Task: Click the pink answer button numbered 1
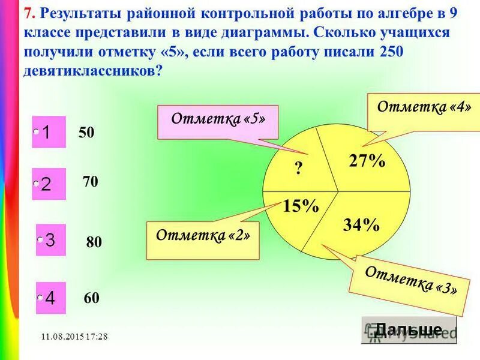pos(49,132)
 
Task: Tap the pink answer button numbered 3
pos(50,240)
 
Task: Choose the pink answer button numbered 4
pos(50,298)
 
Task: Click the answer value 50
pos(86,133)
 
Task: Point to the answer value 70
pos(91,181)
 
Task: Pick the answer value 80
pos(94,242)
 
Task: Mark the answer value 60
pos(91,298)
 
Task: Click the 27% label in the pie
pos(367,161)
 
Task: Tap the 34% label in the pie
pos(361,225)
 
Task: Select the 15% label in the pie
pos(301,206)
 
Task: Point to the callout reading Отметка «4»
pos(424,108)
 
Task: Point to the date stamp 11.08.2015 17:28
pos(75,336)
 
